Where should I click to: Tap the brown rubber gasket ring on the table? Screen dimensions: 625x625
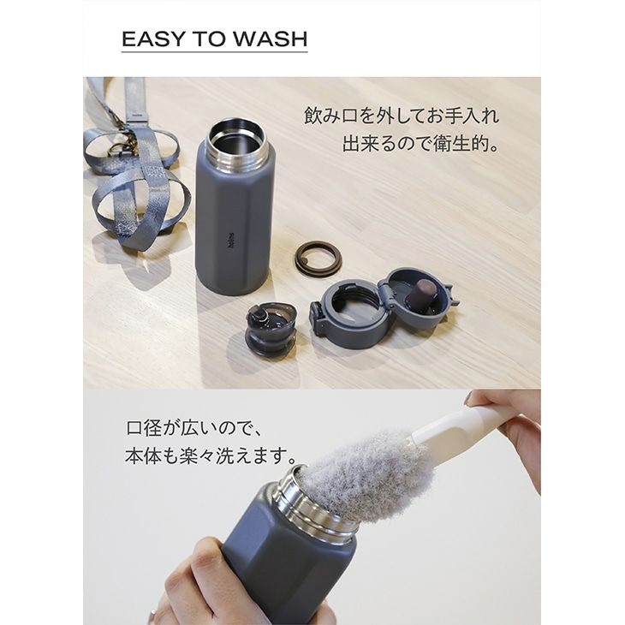(x=318, y=254)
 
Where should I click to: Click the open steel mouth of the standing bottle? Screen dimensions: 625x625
(x=236, y=138)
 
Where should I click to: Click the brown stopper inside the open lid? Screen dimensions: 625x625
(x=423, y=292)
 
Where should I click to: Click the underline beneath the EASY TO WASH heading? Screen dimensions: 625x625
(x=214, y=51)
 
